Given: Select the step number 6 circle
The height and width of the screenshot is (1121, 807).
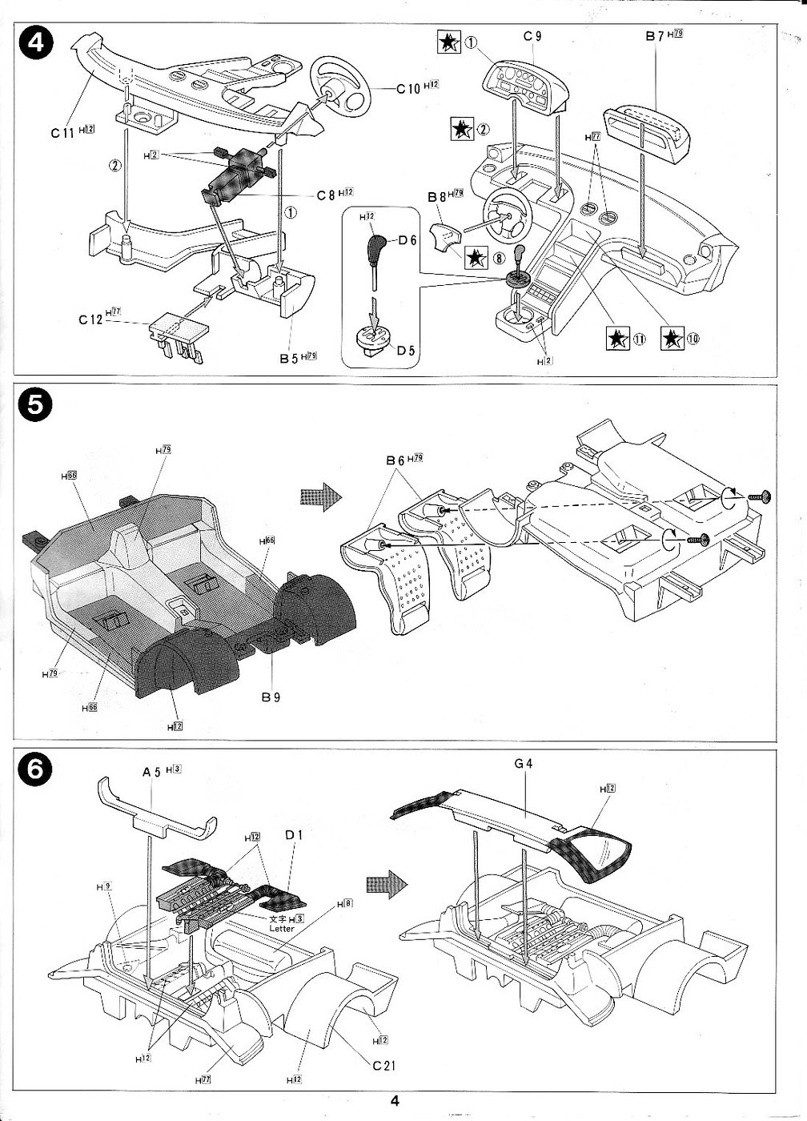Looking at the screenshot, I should tap(34, 770).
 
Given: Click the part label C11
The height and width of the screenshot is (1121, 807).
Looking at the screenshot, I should tap(62, 133).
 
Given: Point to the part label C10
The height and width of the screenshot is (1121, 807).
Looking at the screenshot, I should tap(408, 88).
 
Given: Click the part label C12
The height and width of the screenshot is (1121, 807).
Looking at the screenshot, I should tap(90, 319).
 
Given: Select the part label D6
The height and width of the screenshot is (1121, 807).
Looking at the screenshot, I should tap(408, 239).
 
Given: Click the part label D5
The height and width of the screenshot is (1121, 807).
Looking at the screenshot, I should tap(408, 350).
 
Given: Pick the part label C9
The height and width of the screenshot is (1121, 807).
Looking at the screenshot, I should tap(533, 36).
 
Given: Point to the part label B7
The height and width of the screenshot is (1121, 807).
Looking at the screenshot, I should tap(655, 36).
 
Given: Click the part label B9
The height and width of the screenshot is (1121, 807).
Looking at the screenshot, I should tap(271, 697).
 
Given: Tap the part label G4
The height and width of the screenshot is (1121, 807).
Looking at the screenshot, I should tap(524, 763).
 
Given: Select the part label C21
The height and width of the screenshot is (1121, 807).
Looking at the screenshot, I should tap(383, 1066).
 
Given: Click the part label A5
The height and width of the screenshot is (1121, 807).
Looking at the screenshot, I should tap(151, 771).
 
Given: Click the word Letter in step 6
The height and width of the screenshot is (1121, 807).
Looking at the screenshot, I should tap(282, 929).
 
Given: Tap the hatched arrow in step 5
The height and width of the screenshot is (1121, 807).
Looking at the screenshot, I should tap(319, 496).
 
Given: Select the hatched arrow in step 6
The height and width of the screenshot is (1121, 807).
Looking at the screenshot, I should tap(387, 884).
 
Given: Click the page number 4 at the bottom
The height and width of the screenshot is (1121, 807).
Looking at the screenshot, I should tap(395, 1100).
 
